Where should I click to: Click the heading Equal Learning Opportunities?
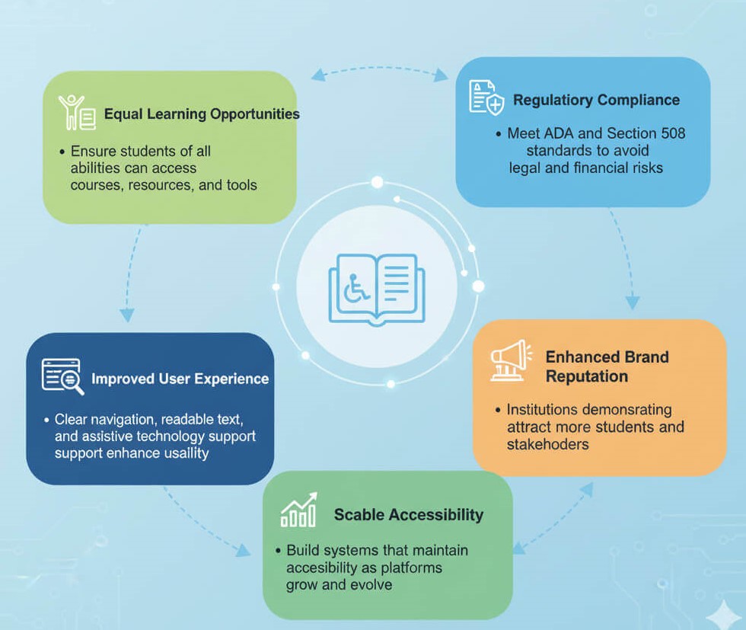tap(202, 114)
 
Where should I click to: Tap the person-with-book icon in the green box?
tap(77, 113)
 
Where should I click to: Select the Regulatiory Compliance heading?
tap(596, 100)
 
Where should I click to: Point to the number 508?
tap(673, 133)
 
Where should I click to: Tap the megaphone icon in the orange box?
tap(511, 360)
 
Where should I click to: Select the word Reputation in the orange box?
tap(587, 376)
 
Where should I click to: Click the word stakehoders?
tap(547, 445)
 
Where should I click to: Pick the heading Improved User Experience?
tap(180, 379)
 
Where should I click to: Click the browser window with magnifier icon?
tap(62, 376)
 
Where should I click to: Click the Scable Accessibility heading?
tap(408, 515)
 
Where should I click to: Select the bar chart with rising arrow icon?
tap(298, 510)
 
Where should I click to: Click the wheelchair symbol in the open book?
tap(356, 288)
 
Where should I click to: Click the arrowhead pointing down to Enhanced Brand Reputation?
tap(633, 302)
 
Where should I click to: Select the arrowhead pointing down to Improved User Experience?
tap(126, 315)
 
